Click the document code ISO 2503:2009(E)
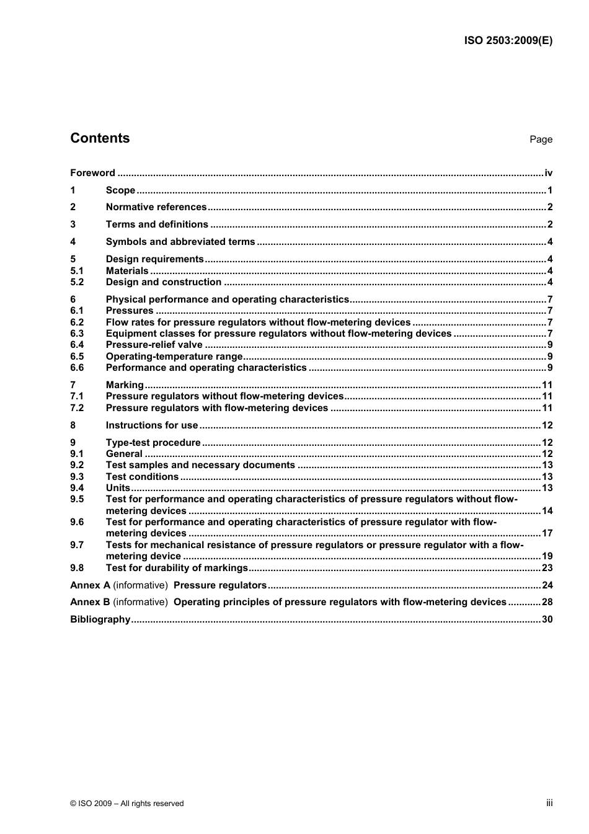point(508,41)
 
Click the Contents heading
point(100,138)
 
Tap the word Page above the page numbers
point(541,140)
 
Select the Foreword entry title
point(92,173)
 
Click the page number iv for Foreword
point(548,173)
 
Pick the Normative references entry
point(156,207)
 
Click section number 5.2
point(77,282)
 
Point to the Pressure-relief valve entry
point(154,345)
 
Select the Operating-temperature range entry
point(174,357)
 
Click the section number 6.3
point(77,334)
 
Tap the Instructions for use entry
point(151,425)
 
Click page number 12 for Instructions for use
point(547,425)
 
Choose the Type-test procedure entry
point(153,443)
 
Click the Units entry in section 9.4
point(118,488)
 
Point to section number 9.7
point(77,545)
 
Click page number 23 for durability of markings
point(547,568)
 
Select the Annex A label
point(90,585)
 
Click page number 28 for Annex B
point(547,602)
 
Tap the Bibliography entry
point(100,619)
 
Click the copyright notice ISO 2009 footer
point(127,804)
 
